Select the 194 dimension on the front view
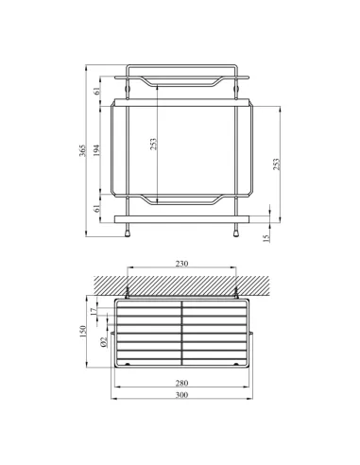point(97,149)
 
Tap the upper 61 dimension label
point(97,90)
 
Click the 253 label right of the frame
point(276,163)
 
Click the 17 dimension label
point(94,310)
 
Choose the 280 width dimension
point(181,382)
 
